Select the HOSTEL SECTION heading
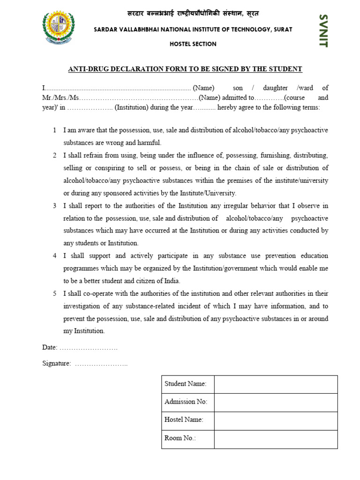coord(193,44)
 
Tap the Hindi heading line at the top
coord(193,13)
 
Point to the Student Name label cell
coord(186,384)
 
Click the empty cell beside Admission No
coord(276,402)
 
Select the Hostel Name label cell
coord(184,420)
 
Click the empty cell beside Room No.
coord(276,439)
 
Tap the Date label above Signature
coord(50,347)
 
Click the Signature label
coord(57,363)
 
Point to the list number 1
coord(55,130)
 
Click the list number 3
coord(55,206)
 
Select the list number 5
coord(55,294)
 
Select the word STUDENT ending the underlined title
coord(285,69)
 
